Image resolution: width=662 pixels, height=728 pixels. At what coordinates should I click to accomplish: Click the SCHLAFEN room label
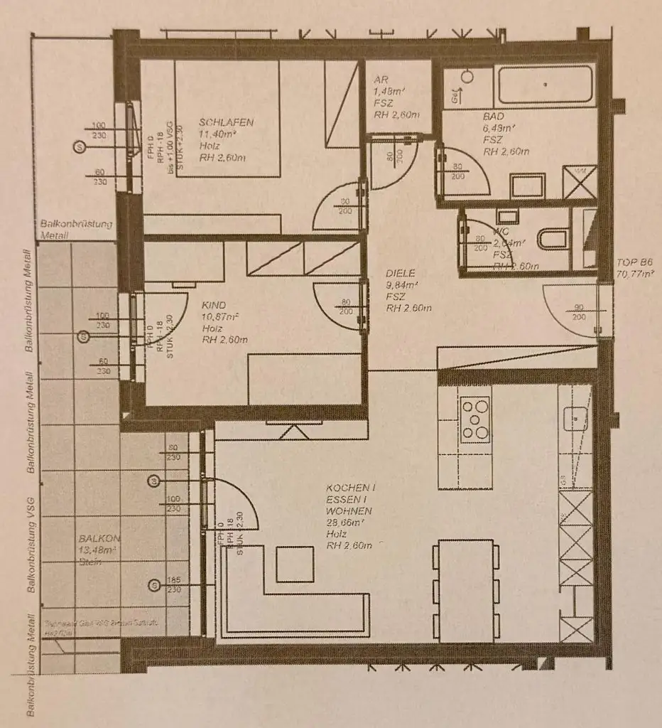226,122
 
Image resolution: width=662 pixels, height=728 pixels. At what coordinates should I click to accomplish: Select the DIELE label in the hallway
401,273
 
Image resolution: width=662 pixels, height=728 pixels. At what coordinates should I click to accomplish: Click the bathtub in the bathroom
546,85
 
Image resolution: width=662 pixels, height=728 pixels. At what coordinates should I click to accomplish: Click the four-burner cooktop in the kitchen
475,419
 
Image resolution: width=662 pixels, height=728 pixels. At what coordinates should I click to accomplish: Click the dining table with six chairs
465,590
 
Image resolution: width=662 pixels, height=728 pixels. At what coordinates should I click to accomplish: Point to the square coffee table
295,564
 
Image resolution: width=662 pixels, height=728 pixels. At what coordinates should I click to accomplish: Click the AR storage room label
382,80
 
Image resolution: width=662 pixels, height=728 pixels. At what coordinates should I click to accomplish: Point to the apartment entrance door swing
573,309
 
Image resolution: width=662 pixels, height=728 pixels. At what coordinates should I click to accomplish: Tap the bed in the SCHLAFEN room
227,117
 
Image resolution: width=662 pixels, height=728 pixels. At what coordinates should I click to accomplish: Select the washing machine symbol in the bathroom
580,182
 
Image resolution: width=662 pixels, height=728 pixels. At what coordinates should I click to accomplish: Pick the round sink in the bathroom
468,76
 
